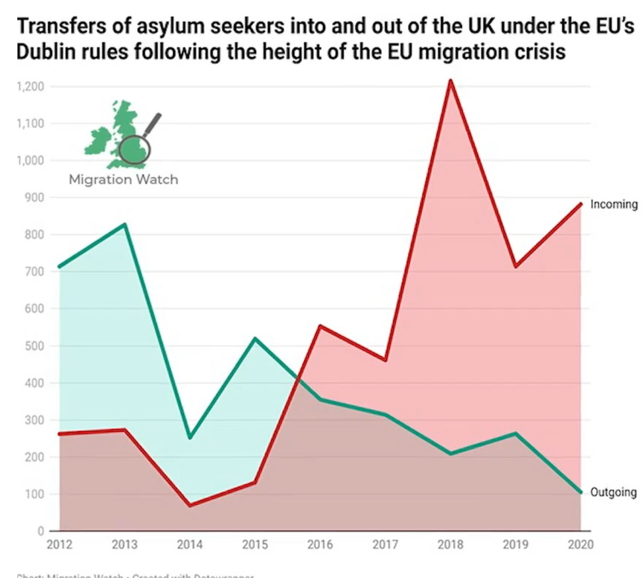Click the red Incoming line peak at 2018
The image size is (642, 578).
pos(451,81)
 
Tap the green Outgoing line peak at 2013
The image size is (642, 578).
pos(124,225)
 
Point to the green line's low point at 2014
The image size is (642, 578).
pos(190,437)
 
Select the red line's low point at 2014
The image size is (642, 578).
pos(190,505)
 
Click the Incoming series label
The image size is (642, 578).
pos(613,204)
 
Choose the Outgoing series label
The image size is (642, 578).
pos(613,493)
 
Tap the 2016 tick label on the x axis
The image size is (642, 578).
pos(320,545)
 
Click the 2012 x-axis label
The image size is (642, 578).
pos(60,545)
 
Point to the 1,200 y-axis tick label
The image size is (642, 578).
pos(30,87)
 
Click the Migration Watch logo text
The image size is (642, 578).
pos(123,179)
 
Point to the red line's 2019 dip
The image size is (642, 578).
pos(516,266)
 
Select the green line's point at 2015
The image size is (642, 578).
pos(255,339)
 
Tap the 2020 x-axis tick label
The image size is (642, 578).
pos(580,545)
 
